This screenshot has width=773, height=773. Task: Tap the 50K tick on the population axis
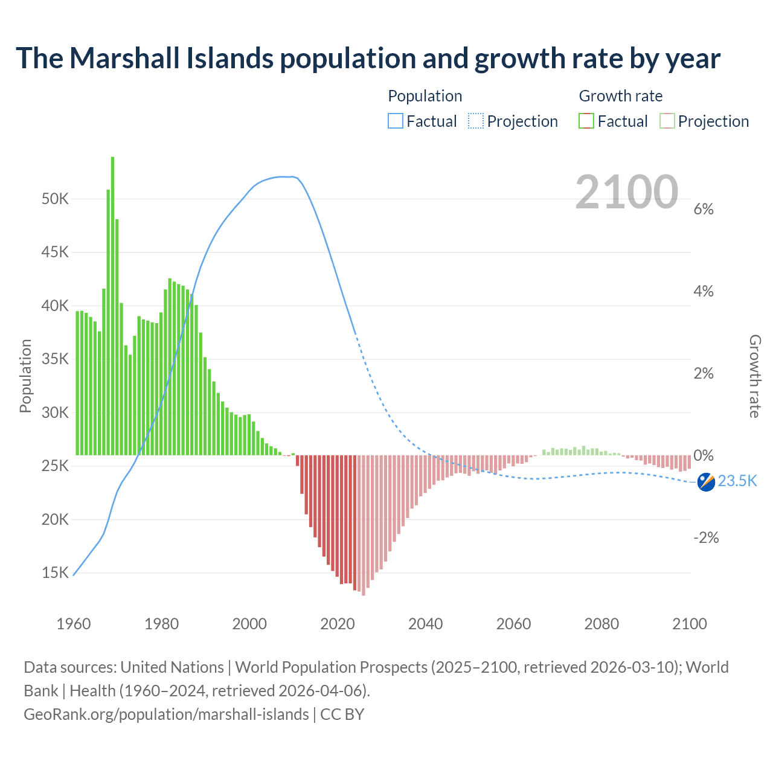pos(55,199)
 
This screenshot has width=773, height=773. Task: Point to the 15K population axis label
pos(55,573)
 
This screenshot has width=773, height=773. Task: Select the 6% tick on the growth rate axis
pos(704,209)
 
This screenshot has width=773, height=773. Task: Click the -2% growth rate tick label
pos(706,537)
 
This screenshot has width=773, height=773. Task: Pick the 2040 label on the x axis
pos(425,624)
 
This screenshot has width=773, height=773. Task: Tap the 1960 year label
pos(74,624)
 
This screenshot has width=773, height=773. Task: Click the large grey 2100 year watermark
pos(626,192)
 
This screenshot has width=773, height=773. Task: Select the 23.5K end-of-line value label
pos(737,481)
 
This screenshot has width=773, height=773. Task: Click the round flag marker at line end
pos(706,482)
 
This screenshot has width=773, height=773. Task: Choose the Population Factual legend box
pos(395,121)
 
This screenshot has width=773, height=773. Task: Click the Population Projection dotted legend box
pos(475,121)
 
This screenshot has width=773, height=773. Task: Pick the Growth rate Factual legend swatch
pos(586,121)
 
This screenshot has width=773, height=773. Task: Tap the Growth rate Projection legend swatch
pos(667,121)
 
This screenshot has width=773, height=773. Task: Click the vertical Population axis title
pos(25,376)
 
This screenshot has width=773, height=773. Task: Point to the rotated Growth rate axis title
pos(754,376)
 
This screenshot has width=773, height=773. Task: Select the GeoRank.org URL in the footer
pos(166,714)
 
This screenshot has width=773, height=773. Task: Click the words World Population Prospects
pos(331,667)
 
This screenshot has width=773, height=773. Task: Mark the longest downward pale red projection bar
pos(364,525)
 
